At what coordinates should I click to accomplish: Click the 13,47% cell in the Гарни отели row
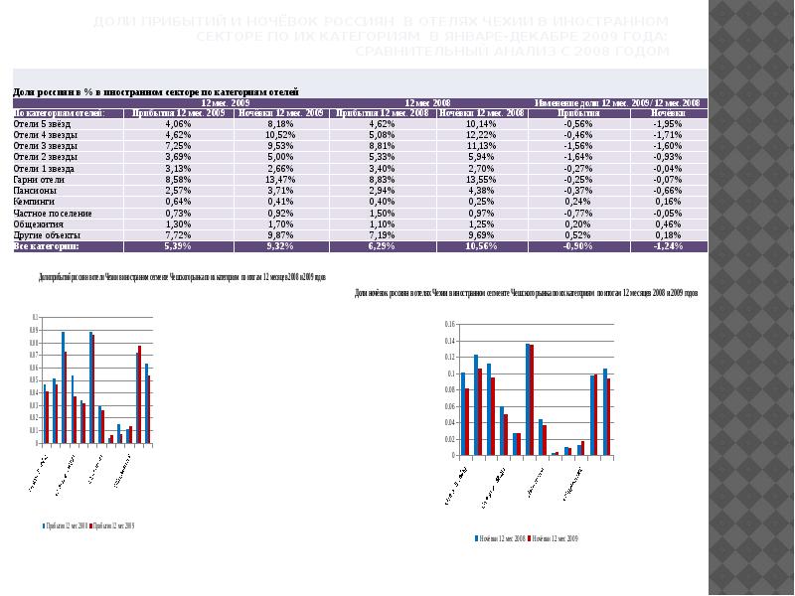(x=281, y=180)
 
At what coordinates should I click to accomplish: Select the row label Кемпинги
(x=34, y=202)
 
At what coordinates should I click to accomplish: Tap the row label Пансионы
(x=35, y=191)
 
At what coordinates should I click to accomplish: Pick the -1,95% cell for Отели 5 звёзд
(x=667, y=124)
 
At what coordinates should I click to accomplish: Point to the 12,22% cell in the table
(x=480, y=135)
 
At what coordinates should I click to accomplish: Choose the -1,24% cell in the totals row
(x=667, y=245)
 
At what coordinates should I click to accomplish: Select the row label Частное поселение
(x=52, y=213)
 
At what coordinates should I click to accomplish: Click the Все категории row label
(x=45, y=245)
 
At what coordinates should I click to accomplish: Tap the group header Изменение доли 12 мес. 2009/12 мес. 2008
(x=617, y=102)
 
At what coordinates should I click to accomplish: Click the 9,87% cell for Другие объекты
(x=281, y=234)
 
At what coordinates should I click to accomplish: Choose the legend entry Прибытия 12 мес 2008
(x=64, y=524)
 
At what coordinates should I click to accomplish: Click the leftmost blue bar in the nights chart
(x=463, y=413)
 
